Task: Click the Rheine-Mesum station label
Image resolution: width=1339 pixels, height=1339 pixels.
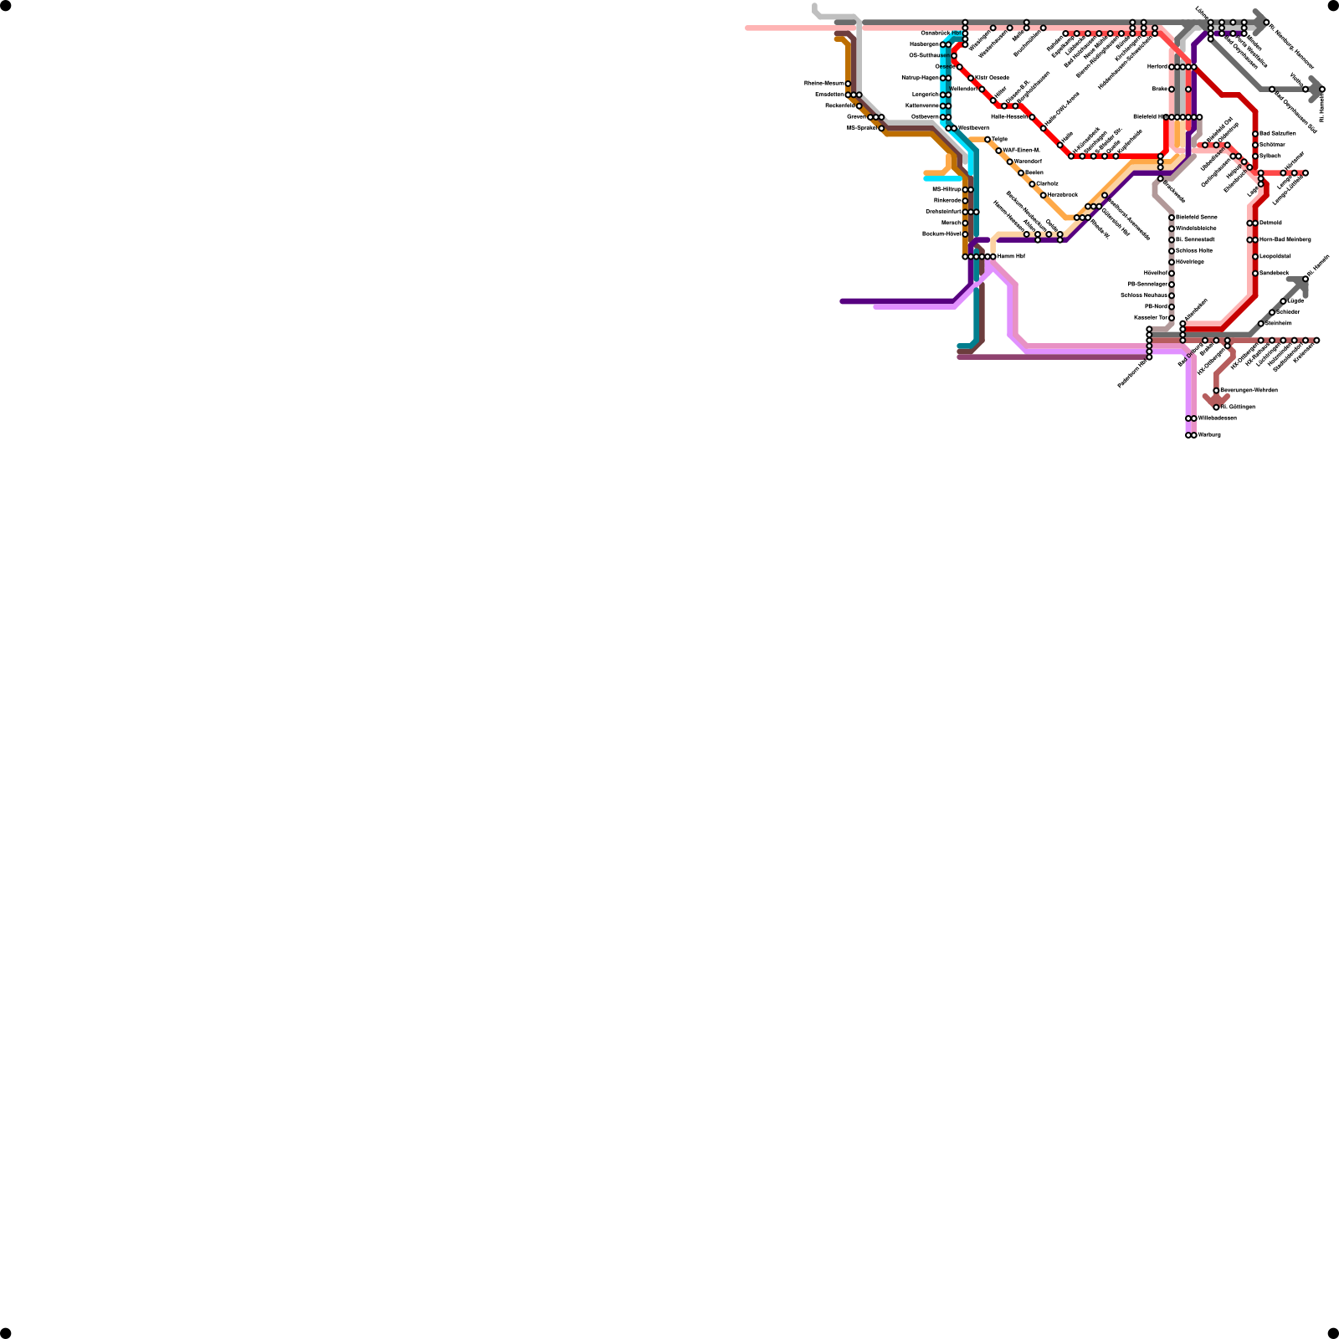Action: pos(823,84)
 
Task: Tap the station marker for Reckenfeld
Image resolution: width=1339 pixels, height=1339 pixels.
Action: pos(859,106)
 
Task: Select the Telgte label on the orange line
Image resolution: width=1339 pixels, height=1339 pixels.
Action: pos(999,140)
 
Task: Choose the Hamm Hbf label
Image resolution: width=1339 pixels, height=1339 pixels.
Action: pos(1011,257)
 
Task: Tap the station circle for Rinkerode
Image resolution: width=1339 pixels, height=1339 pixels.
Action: pos(965,201)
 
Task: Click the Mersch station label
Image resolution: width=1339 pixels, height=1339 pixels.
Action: pos(951,223)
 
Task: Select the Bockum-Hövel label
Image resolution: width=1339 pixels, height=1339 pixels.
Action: pos(941,234)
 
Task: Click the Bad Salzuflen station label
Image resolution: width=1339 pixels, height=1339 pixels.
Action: pos(1278,134)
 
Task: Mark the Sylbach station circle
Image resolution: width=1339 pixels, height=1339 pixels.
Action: pos(1255,156)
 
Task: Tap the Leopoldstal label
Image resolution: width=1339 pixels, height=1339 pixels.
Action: pos(1275,257)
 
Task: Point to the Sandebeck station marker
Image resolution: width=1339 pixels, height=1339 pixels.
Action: pos(1255,274)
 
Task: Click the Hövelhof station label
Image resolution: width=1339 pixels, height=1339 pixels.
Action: pos(1155,274)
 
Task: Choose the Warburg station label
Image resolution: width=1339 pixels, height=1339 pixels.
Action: pos(1209,435)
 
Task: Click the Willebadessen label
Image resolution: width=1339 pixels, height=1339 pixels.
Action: pos(1217,418)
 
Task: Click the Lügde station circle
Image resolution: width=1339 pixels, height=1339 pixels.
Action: pos(1283,301)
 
